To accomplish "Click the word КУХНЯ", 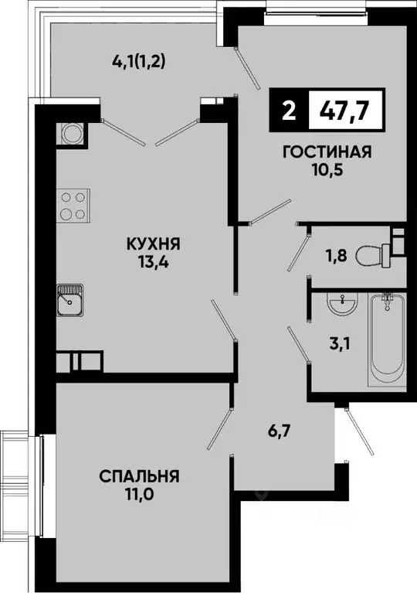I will pyautogui.click(x=154, y=244).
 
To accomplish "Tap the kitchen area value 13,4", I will pyautogui.click(x=154, y=262).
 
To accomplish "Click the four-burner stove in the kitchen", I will pyautogui.click(x=71, y=205).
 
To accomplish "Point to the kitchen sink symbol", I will pyautogui.click(x=71, y=301).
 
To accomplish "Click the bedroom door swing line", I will pyautogui.click(x=219, y=426).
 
